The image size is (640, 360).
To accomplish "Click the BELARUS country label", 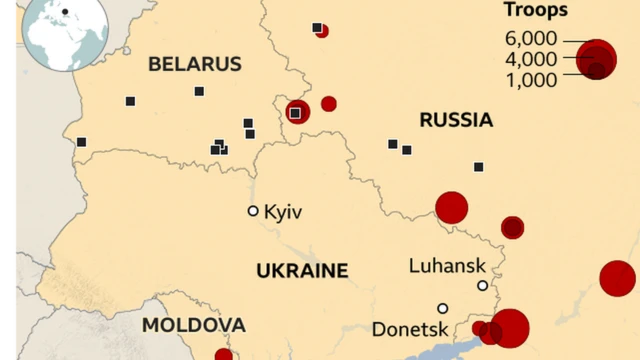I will pos(195,64).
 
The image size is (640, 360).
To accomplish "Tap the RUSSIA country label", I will pos(456,121).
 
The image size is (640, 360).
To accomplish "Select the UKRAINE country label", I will pos(302,270).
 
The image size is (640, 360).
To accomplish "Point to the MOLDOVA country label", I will pos(193,325).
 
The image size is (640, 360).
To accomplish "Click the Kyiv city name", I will pos(283,212).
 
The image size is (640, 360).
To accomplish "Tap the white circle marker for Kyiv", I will pos(253,211).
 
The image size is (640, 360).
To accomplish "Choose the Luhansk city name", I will pos(447,265).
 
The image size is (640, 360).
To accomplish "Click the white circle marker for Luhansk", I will pos(482,285).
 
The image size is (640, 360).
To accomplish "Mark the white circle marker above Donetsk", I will pos(443,308).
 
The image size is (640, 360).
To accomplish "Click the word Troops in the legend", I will pos(535,11).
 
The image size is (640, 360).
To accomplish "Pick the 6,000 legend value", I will pos(535,38).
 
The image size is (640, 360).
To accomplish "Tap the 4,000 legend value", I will pos(535,58).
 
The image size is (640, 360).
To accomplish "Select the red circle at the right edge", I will pos(617,278).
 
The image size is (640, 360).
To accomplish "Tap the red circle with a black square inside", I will pos(296,112).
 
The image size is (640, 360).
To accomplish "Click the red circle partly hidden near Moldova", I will pos(224,354).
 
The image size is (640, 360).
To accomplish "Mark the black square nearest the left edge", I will pos(81,142).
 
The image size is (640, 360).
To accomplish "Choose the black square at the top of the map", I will pos(317,27).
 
